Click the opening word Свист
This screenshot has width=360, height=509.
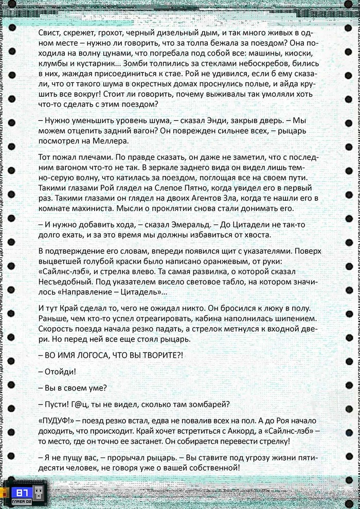coord(49,32)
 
